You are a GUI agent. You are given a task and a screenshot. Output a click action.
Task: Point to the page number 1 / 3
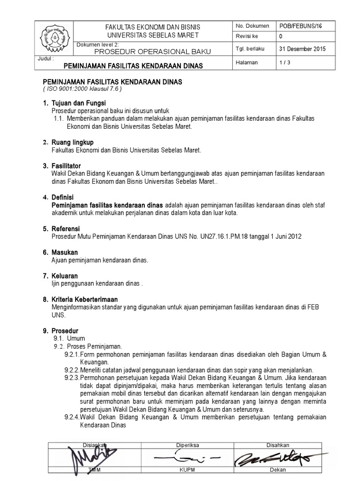tap(285, 63)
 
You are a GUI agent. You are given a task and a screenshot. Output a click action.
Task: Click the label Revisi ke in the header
tap(246, 37)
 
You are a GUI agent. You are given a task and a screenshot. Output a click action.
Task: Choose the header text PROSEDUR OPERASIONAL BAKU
tap(153, 51)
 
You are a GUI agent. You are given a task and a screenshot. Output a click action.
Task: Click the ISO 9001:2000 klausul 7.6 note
tap(82, 88)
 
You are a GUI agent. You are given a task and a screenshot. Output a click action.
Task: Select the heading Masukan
tap(64, 252)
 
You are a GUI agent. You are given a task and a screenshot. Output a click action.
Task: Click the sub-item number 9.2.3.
tap(72, 378)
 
